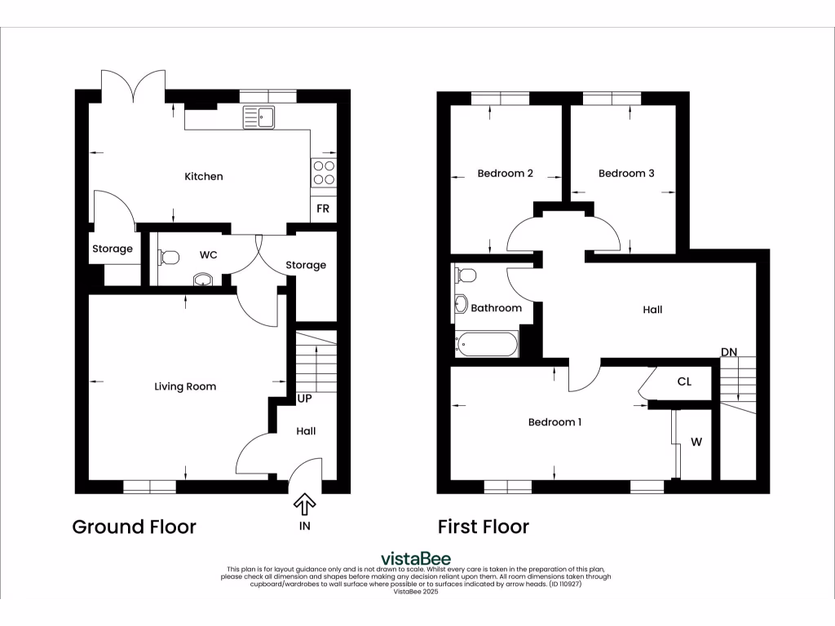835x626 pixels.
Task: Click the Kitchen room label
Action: [x=203, y=177]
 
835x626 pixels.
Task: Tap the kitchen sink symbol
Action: [x=258, y=118]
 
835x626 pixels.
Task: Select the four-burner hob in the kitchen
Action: [x=323, y=173]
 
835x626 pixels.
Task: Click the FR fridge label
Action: [x=323, y=209]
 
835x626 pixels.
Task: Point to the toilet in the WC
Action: [x=168, y=258]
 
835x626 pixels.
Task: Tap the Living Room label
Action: [x=185, y=386]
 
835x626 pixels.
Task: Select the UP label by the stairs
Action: [x=305, y=399]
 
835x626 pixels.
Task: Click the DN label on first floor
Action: [x=729, y=352]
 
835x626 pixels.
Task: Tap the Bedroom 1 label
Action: [x=554, y=422]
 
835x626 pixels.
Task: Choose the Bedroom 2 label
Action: [x=505, y=174]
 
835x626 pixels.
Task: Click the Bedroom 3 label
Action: [x=626, y=174]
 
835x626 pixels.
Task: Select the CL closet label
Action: [x=684, y=381]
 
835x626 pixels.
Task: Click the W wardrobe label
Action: [x=696, y=443]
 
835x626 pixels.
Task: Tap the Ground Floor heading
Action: [x=135, y=527]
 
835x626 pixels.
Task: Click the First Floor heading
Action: [x=483, y=527]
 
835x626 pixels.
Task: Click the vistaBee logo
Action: [x=417, y=558]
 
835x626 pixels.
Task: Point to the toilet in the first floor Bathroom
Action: [x=466, y=274]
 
